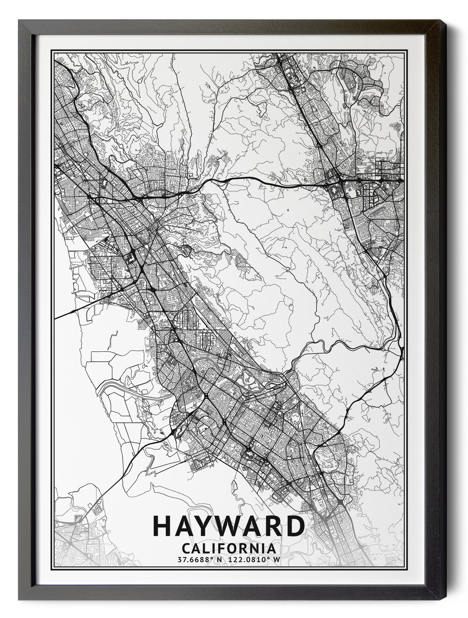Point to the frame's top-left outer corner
coord(18,19)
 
